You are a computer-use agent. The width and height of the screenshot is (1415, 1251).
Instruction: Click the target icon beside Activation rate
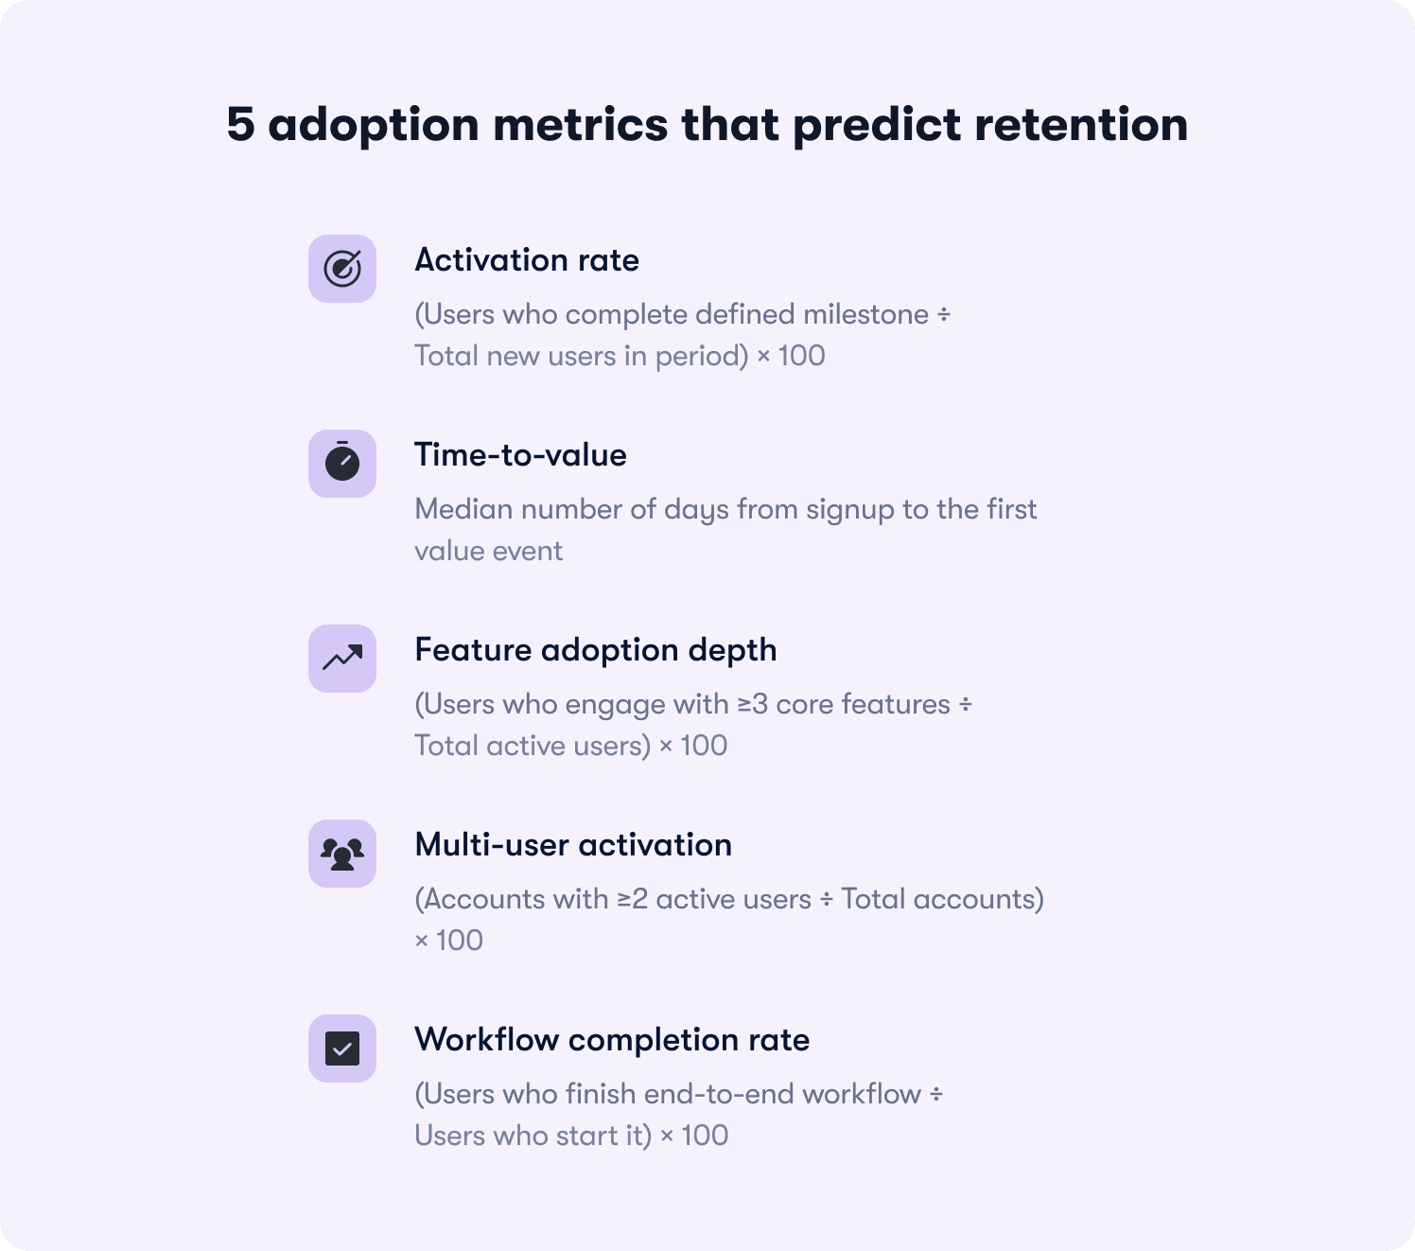(342, 269)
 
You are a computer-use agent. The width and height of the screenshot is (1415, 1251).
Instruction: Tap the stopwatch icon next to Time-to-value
(342, 464)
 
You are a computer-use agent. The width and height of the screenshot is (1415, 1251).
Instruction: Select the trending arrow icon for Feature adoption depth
(342, 659)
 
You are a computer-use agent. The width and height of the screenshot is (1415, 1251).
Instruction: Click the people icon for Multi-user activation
(342, 854)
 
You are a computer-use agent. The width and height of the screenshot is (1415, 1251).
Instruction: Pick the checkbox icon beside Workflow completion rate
(342, 1048)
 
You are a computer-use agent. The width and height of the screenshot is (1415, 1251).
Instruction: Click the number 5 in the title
(240, 125)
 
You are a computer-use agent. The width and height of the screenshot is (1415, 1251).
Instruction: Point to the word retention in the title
(1081, 125)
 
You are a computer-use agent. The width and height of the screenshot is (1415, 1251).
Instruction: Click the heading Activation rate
(527, 260)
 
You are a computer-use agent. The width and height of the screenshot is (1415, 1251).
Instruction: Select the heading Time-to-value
(520, 455)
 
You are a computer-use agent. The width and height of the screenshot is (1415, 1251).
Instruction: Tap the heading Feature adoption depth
(596, 650)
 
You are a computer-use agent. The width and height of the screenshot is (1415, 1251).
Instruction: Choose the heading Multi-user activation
(573, 845)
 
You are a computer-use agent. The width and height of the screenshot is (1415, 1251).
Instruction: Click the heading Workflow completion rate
(612, 1040)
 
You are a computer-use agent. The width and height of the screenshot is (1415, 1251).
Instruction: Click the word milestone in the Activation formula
(865, 314)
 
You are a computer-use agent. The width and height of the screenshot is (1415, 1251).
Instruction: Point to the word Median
(463, 509)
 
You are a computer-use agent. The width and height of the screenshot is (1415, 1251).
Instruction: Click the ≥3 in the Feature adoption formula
(752, 704)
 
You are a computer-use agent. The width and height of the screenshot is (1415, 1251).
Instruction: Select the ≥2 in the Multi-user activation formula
(632, 899)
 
